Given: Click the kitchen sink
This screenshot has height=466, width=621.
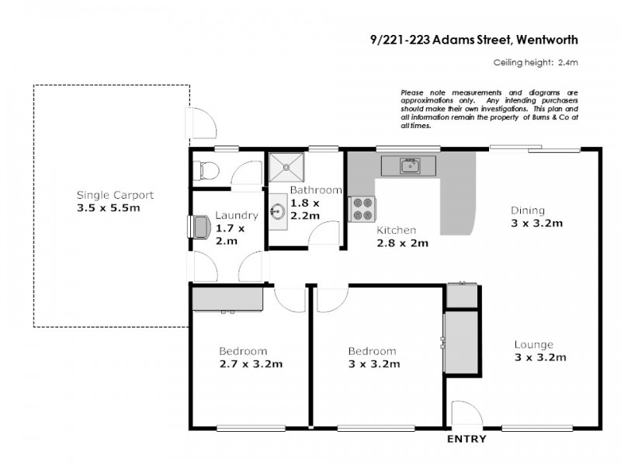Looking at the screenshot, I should [409, 165].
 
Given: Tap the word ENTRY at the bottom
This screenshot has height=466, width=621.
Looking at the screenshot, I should [467, 440].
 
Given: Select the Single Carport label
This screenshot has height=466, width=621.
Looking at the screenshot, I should [114, 195].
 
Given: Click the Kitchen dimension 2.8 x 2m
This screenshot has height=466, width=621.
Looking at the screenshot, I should [403, 242].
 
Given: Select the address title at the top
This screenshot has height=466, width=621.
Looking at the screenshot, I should [474, 39].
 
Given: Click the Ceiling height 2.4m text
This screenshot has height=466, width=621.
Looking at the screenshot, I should [536, 64].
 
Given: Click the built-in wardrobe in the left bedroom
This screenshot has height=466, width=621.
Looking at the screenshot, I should [228, 299].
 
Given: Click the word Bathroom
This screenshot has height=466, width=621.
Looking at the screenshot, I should [316, 190].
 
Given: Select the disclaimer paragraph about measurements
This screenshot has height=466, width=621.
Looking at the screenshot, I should [489, 108].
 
